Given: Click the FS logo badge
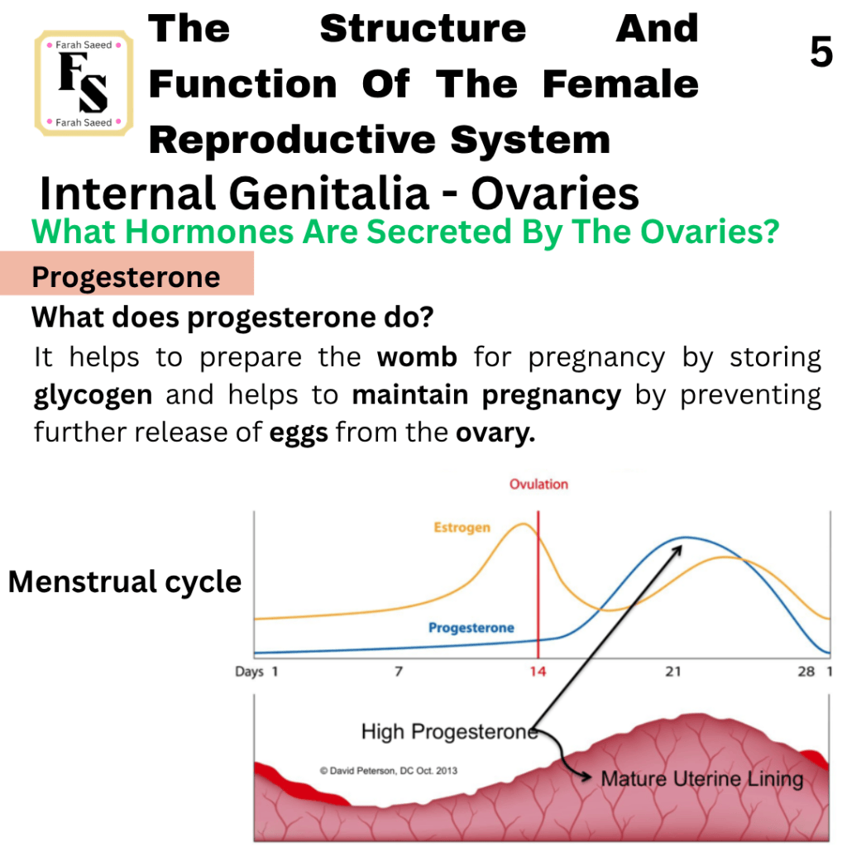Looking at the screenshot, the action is click(84, 84).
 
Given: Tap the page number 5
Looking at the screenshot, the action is click(821, 52).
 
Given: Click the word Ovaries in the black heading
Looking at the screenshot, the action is click(555, 193).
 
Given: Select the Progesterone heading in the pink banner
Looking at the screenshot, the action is click(126, 277).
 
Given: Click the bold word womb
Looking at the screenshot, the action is click(417, 357).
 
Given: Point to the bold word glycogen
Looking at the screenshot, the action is click(93, 395).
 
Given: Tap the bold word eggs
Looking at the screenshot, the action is click(299, 433).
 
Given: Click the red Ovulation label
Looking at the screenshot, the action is click(538, 484).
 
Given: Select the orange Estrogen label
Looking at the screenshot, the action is click(462, 527).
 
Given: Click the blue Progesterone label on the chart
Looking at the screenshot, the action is click(471, 628).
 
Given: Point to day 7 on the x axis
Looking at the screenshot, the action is click(399, 672).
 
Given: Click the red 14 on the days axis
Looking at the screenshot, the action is click(538, 672).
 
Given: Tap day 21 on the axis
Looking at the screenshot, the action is click(673, 672).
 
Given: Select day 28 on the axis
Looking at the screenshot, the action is click(806, 672).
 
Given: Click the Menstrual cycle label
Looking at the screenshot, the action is click(125, 582).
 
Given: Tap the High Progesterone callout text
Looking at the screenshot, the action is click(449, 732).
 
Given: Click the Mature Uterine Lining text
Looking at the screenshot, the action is click(702, 779).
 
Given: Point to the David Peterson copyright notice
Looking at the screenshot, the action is click(389, 771).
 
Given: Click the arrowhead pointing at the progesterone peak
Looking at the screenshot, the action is click(677, 550).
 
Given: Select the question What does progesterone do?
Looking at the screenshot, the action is click(232, 318).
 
